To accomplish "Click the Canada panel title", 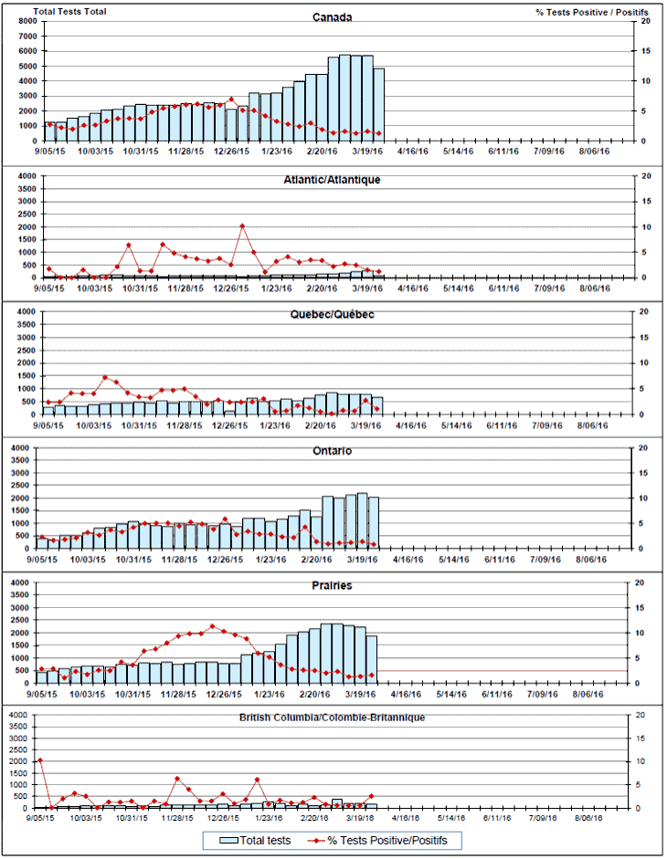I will tap(333, 17).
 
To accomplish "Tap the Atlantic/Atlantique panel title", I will tap(333, 179).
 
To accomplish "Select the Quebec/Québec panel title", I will tap(333, 315).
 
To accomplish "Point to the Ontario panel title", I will tap(333, 451).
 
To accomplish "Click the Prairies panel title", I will tap(333, 585).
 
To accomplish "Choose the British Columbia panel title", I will tap(333, 718).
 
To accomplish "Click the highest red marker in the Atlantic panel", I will tap(242, 225).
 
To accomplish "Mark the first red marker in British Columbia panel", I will tap(39, 760).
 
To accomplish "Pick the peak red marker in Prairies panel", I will tap(212, 626).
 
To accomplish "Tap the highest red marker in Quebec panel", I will tap(106, 377).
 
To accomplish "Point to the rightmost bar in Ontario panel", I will tap(373, 523).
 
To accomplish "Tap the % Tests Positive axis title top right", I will tap(593, 11).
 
